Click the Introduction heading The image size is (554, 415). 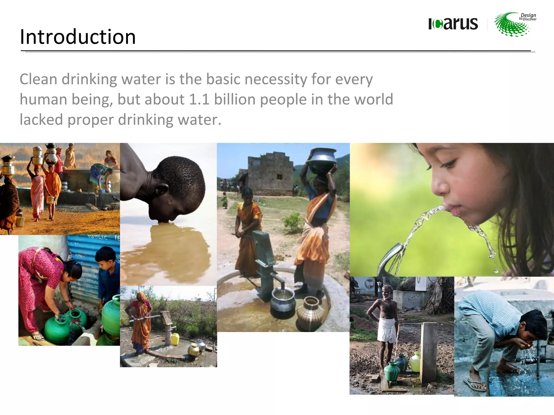coord(78,37)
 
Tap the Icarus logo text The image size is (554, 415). coord(453,24)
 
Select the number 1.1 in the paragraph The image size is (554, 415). coord(199,99)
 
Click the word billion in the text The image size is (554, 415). coord(235,99)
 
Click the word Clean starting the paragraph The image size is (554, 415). coord(38,79)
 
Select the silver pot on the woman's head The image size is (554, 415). coord(322,159)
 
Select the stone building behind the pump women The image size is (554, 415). coord(271,174)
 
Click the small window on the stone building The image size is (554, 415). coord(279,177)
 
